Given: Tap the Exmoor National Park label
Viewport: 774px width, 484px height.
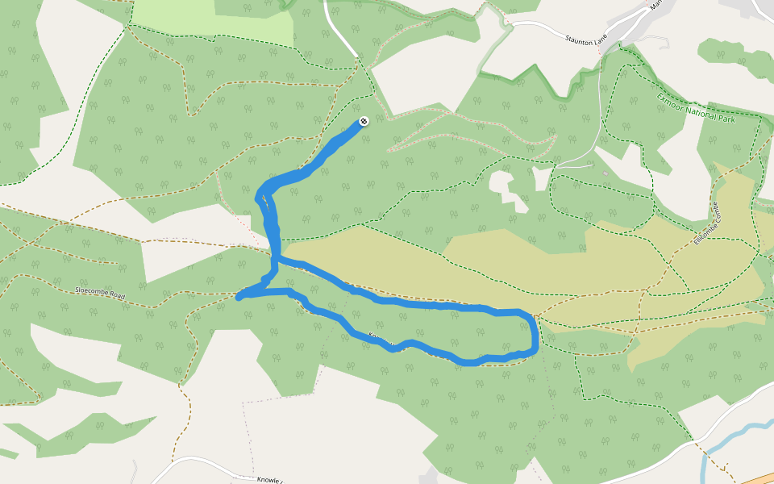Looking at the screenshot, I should (x=696, y=109).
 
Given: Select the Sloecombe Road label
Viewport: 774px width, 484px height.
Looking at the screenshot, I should (x=102, y=294).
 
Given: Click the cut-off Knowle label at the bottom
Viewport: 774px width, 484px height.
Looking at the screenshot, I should (x=269, y=479).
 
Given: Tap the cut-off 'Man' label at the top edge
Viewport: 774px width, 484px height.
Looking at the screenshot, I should (x=655, y=5).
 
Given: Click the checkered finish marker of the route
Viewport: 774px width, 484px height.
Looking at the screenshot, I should (x=364, y=121).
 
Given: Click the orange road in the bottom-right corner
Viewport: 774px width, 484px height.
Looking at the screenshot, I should (x=758, y=478).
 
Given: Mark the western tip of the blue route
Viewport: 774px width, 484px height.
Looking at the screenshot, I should (x=239, y=297).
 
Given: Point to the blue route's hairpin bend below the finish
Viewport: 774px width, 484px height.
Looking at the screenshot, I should (x=260, y=196).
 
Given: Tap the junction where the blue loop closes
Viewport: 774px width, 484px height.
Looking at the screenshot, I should (x=275, y=260).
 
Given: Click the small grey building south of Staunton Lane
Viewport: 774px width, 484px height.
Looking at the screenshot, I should (x=605, y=172).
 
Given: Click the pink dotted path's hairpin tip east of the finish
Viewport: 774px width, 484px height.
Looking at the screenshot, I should (x=556, y=139).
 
